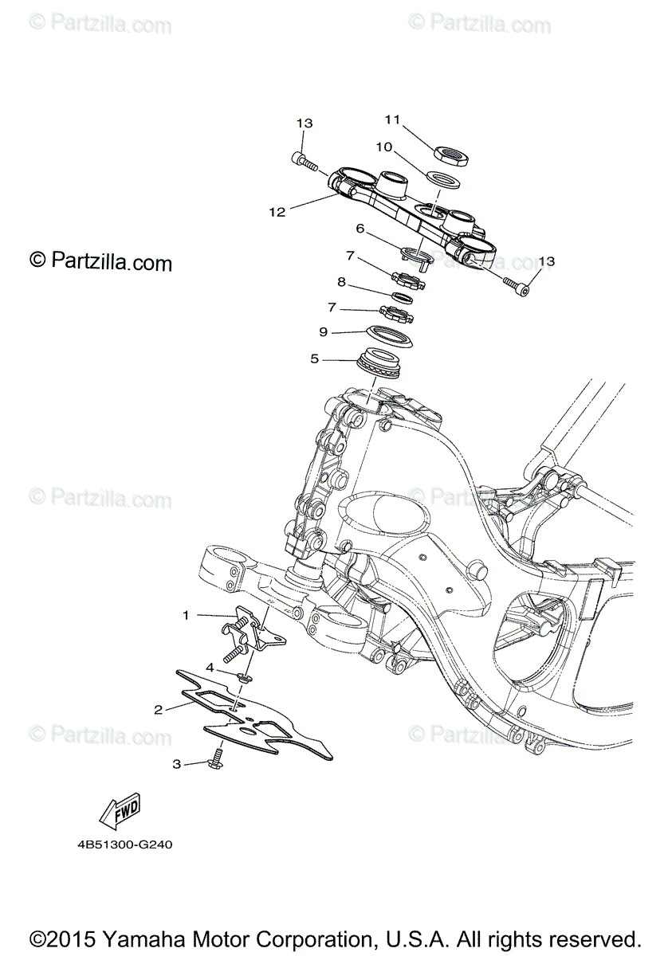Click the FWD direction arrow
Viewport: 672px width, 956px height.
point(120,809)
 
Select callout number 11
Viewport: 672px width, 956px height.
point(391,119)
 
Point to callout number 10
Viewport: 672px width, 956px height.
point(383,147)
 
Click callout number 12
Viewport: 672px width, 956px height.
point(277,212)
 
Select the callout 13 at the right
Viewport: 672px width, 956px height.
point(546,261)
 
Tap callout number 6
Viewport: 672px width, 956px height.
point(360,229)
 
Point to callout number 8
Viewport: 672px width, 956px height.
point(341,281)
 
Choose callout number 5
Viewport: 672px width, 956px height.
point(315,359)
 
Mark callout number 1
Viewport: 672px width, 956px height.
point(186,615)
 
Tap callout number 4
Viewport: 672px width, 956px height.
point(210,666)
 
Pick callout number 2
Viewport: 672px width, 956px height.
point(159,708)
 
